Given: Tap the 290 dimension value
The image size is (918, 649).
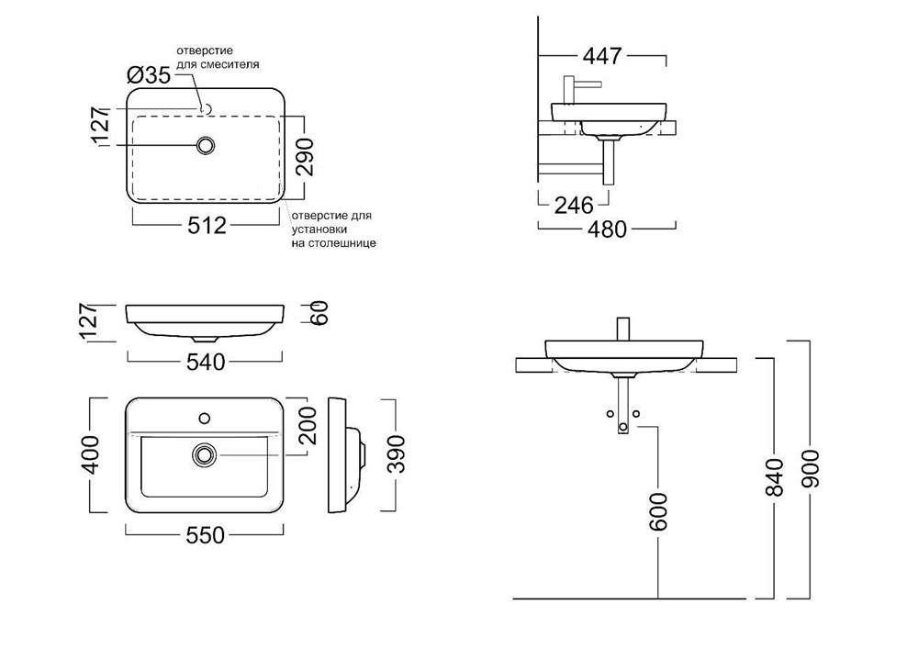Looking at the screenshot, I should click(305, 157).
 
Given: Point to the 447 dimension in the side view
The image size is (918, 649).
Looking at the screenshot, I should click(602, 56).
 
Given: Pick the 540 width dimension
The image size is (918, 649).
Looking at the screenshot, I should click(205, 362).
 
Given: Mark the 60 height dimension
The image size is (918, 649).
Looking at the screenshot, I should click(319, 314).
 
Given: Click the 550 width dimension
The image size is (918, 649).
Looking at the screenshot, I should click(205, 535).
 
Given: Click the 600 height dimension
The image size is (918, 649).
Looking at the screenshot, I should click(658, 511).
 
